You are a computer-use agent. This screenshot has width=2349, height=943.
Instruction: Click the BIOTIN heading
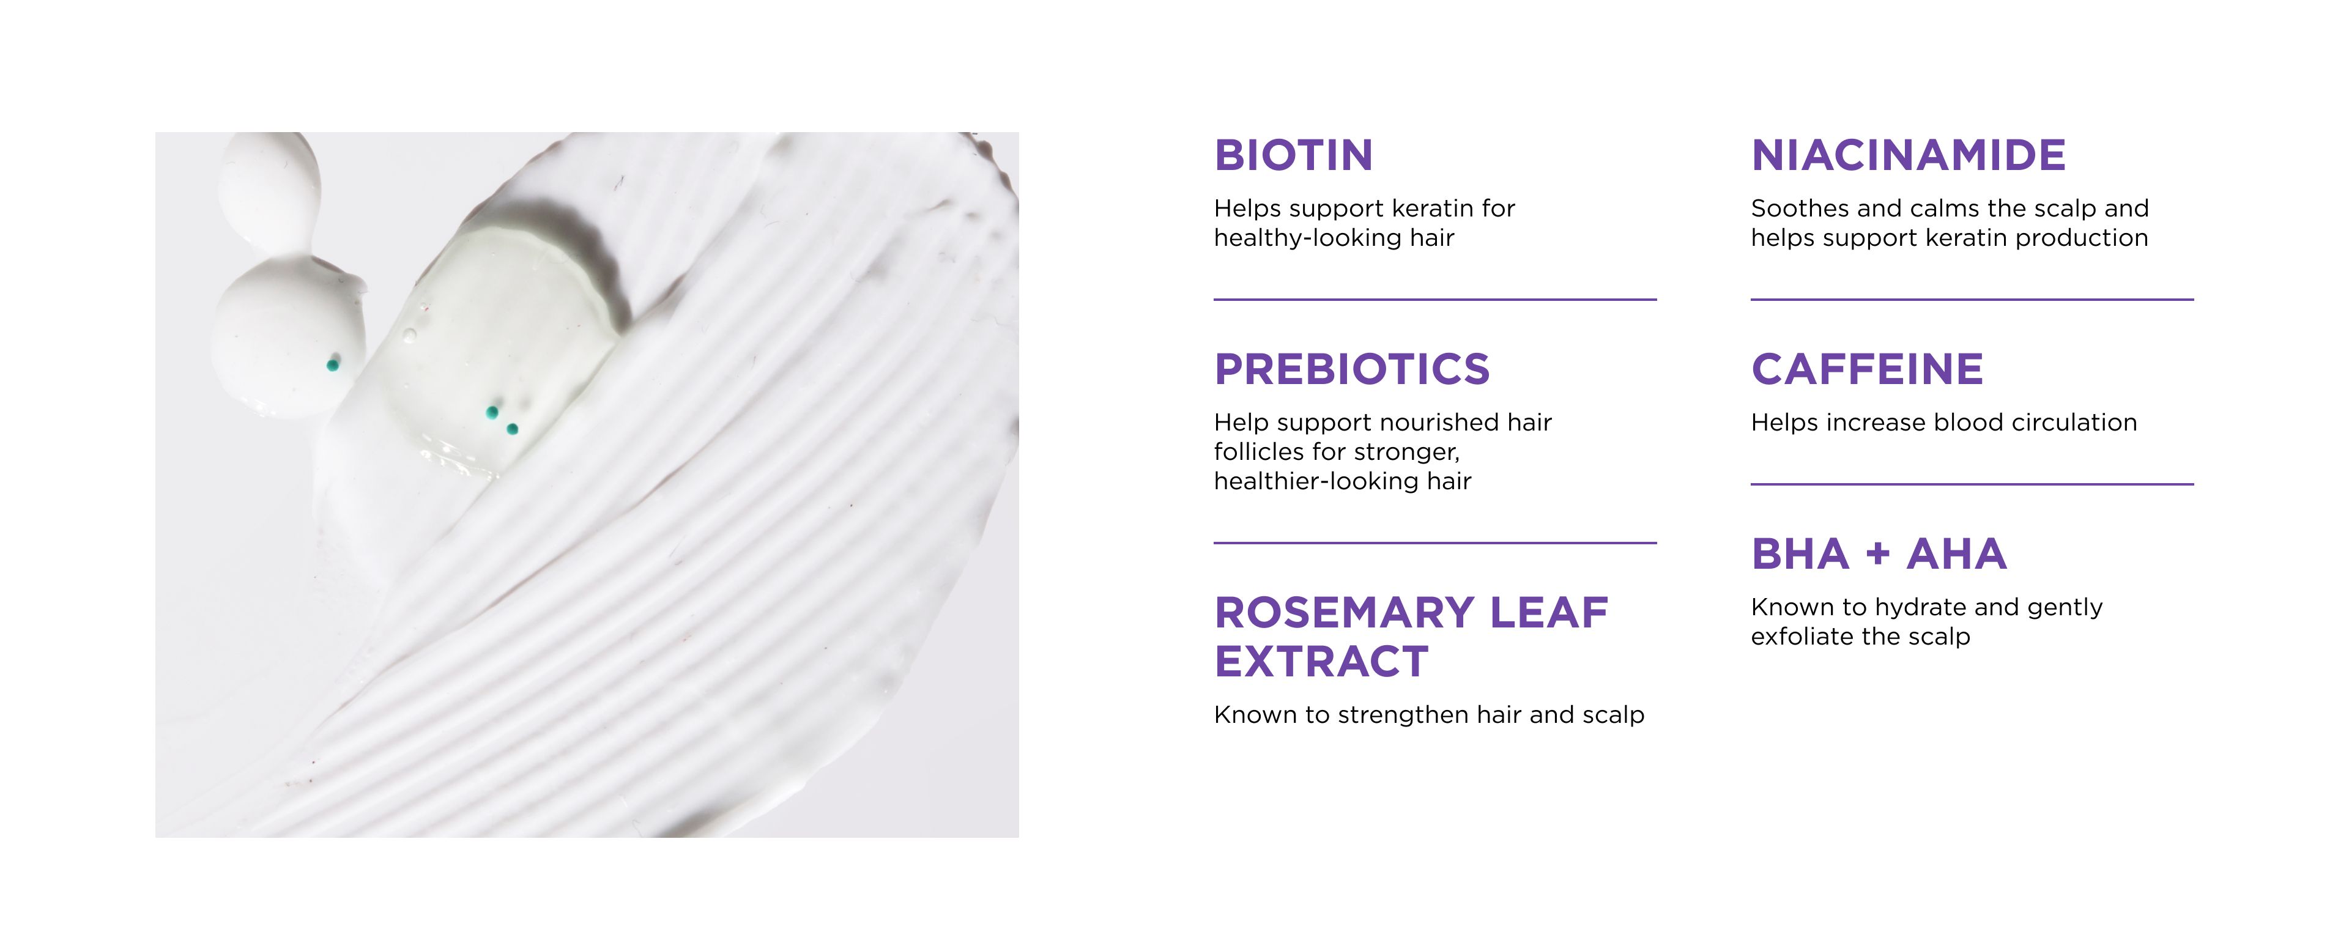click(x=1293, y=155)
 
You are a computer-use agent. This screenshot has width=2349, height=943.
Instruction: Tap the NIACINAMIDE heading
click(x=1909, y=155)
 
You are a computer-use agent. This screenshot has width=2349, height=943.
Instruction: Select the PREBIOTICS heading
click(x=1351, y=369)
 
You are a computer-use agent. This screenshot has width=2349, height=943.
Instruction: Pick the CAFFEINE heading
click(x=1866, y=369)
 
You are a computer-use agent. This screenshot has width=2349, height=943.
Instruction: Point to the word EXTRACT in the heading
click(x=1321, y=662)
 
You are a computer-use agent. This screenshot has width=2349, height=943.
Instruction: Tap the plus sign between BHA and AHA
click(x=1877, y=555)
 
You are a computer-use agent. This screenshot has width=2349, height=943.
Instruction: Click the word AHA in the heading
click(x=1957, y=555)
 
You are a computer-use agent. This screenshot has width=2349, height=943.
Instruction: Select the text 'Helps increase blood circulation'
click(x=1943, y=422)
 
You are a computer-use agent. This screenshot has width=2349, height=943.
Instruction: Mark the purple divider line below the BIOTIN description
click(x=1434, y=299)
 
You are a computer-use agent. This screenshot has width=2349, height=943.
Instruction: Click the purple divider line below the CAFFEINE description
click(x=1972, y=484)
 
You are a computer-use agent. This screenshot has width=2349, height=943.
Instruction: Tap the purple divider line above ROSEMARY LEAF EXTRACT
click(x=1434, y=542)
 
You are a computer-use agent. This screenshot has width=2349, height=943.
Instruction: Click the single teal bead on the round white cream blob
click(x=333, y=366)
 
